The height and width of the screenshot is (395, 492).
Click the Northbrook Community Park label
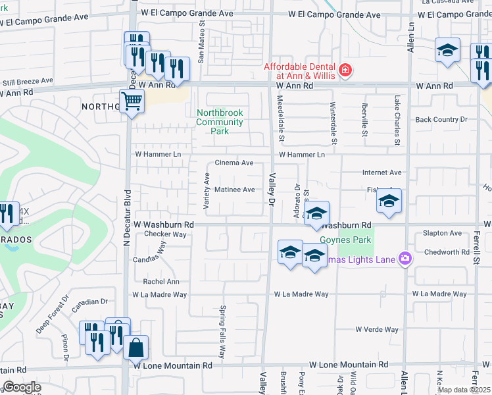(220, 122)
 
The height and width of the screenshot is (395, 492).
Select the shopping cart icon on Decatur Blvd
(132, 102)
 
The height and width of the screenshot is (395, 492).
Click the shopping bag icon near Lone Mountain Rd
(135, 346)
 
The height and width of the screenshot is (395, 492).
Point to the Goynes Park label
(346, 240)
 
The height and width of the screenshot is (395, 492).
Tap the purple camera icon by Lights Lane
(405, 259)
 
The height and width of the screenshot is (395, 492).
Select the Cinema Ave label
(234, 163)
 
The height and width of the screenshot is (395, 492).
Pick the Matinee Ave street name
(235, 190)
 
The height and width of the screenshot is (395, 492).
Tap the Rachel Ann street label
(161, 282)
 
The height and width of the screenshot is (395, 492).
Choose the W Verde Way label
(377, 329)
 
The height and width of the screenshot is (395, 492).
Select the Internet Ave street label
(381, 172)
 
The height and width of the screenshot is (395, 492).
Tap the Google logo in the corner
(22, 386)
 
